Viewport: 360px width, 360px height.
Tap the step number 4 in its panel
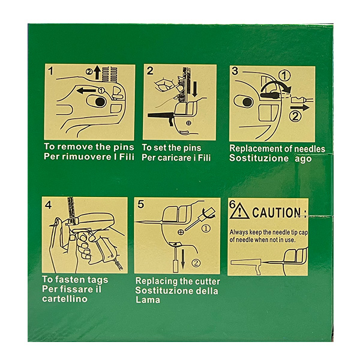click(x=48, y=205)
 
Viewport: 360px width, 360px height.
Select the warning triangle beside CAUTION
click(x=240, y=211)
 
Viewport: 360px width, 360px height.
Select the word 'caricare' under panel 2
click(x=178, y=157)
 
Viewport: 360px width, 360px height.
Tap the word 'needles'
click(x=307, y=148)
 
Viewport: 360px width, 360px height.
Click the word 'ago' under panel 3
click(x=302, y=158)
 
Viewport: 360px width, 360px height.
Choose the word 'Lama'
click(x=148, y=300)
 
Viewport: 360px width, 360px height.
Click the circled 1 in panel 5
click(x=206, y=228)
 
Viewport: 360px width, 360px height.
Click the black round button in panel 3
click(x=247, y=102)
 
